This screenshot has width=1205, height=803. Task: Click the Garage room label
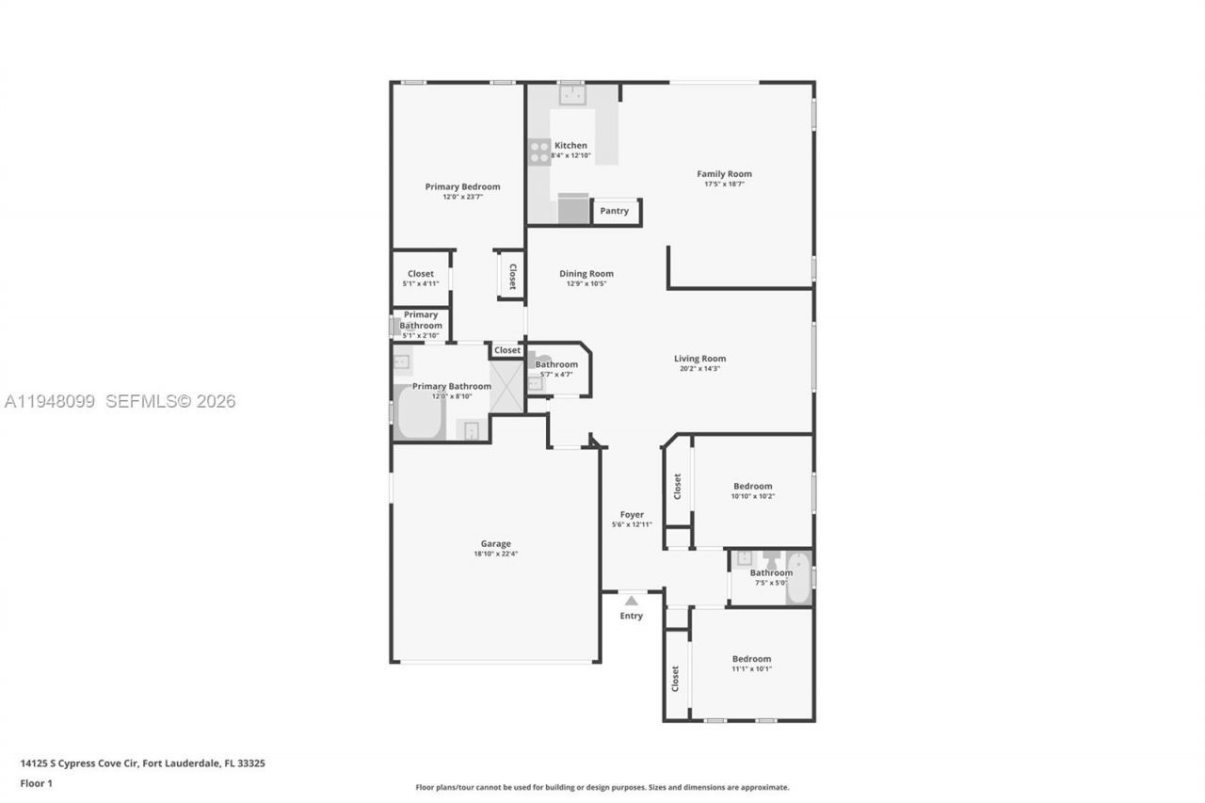click(495, 543)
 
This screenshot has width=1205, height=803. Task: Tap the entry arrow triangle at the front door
click(631, 601)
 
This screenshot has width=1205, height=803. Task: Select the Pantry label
click(615, 211)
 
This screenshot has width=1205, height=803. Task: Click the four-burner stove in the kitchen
click(539, 152)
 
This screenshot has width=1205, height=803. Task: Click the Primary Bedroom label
click(462, 186)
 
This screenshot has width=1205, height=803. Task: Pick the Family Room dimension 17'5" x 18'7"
click(724, 185)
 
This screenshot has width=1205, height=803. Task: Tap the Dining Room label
click(586, 274)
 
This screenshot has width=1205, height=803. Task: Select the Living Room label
click(699, 358)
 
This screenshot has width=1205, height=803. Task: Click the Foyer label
click(632, 515)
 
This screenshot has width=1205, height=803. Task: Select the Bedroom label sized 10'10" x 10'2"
click(752, 486)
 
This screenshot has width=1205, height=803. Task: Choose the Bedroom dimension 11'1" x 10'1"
click(752, 669)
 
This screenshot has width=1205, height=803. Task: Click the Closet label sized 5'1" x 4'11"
click(421, 274)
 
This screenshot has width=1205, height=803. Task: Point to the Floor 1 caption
click(37, 783)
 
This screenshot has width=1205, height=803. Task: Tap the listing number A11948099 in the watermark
click(50, 402)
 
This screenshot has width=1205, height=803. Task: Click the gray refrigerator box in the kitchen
click(572, 209)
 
